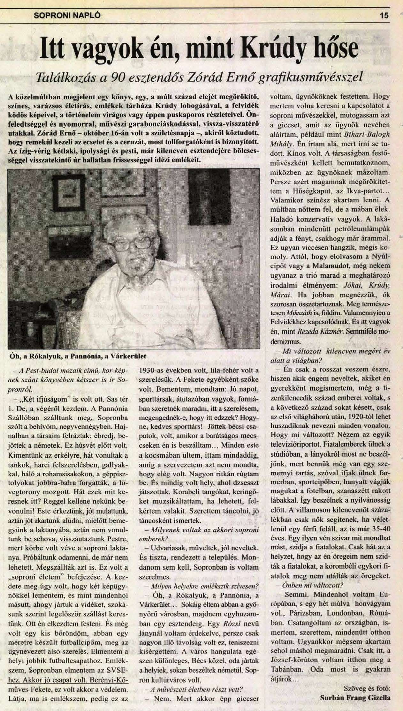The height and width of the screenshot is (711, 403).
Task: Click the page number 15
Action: (384, 15)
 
